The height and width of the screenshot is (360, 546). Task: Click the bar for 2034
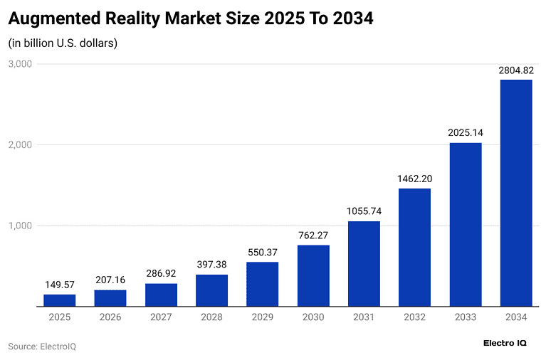coord(516,193)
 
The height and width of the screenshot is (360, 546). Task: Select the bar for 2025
coord(60,300)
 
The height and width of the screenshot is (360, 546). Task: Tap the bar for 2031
coord(364,264)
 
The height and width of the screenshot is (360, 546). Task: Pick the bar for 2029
coord(263,284)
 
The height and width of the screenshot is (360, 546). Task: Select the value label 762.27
coord(313,235)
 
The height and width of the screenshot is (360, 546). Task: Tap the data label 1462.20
coord(414,178)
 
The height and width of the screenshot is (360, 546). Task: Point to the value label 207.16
coord(110,280)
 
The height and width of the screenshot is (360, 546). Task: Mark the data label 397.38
coord(211,265)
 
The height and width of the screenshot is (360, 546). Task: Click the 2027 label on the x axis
coord(161,317)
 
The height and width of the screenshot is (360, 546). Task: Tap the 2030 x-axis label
coord(313,317)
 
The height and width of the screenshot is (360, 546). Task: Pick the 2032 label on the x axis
coord(414,317)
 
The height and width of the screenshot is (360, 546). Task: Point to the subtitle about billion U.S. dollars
coord(63,43)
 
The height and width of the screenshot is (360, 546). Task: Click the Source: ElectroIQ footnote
coord(42,346)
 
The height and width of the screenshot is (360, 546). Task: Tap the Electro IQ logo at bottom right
coord(505,343)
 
